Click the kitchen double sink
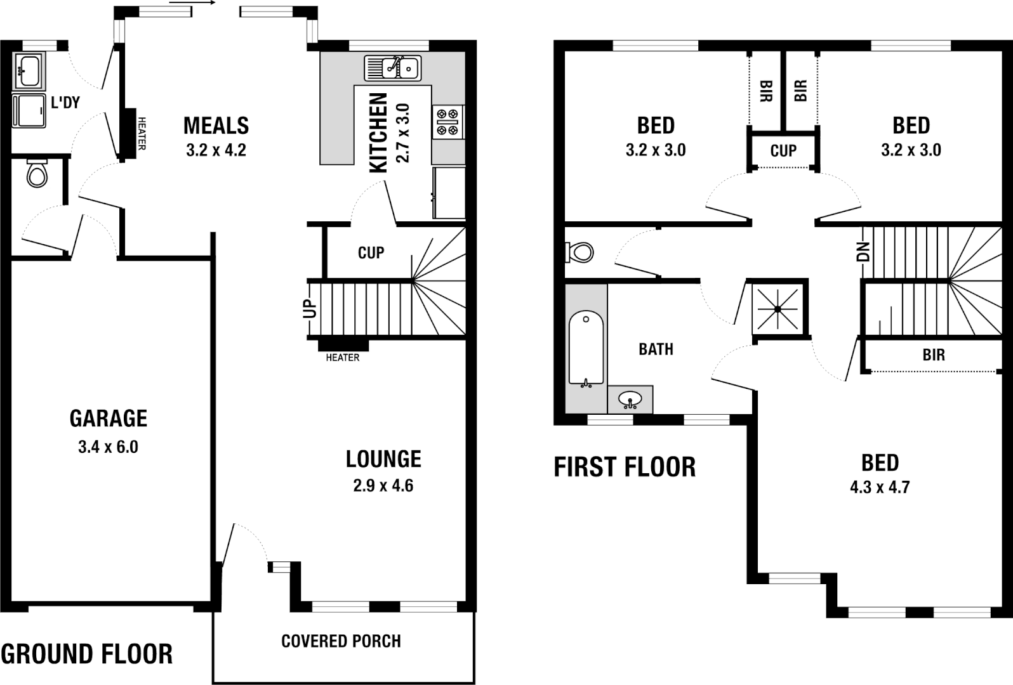click(x=392, y=67)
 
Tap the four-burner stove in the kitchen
click(x=447, y=122)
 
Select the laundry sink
click(x=28, y=69)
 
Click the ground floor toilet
click(x=37, y=173)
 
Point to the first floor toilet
click(x=579, y=252)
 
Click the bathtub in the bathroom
click(x=586, y=348)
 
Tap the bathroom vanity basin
click(x=630, y=400)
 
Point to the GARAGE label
click(x=109, y=419)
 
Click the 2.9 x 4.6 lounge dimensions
click(x=383, y=486)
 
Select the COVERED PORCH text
click(x=341, y=641)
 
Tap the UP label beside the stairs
click(x=310, y=309)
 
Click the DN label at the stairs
click(x=863, y=252)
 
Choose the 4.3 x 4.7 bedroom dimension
click(x=880, y=488)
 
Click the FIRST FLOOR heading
click(x=625, y=467)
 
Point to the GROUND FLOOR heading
click(x=87, y=654)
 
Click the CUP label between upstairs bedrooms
click(x=783, y=151)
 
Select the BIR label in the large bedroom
click(x=934, y=355)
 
